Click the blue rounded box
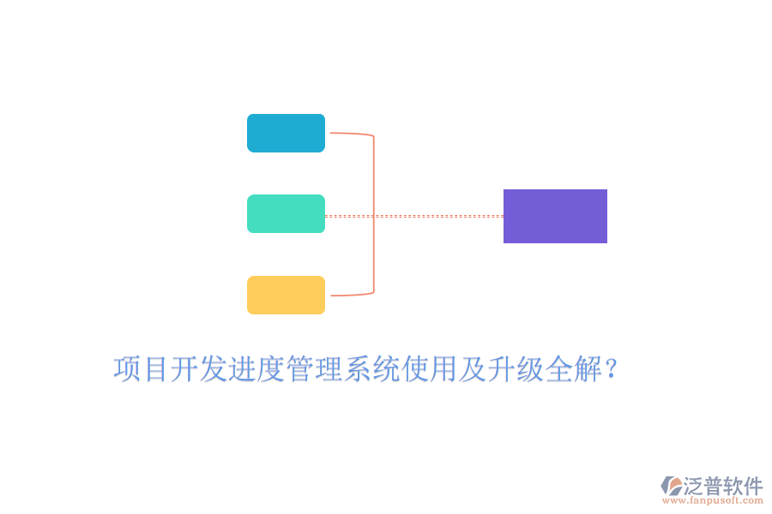[286, 134]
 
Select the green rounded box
[286, 213]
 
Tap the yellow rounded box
[286, 295]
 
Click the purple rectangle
[555, 216]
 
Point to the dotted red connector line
[414, 216]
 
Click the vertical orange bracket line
[374, 214]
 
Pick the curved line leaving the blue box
[352, 134]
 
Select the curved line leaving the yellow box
[352, 294]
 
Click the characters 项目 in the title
[141, 369]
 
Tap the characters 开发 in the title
[198, 369]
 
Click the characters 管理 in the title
[314, 369]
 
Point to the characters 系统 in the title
[371, 369]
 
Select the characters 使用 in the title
[429, 369]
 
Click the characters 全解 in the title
[573, 369]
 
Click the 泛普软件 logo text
[723, 486]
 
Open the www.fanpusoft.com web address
[712, 500]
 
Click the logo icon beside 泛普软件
[672, 486]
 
